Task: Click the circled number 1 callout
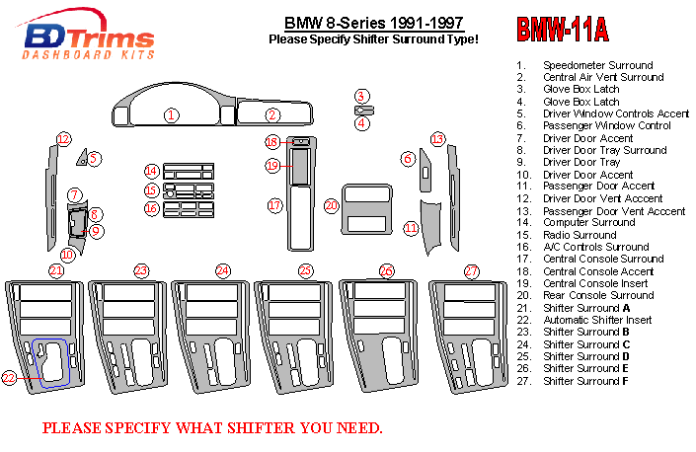tap(171, 115)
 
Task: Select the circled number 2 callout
tap(272, 115)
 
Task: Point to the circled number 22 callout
tap(9, 377)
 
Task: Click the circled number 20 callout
tap(332, 205)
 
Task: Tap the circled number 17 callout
tap(275, 205)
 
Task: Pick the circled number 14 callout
tap(151, 172)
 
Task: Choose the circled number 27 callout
tap(472, 270)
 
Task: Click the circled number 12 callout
tap(63, 139)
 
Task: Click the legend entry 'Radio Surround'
tap(580, 235)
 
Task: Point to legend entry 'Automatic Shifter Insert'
tap(596, 320)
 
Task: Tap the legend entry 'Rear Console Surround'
tap(598, 295)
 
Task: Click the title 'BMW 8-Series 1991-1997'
tap(373, 23)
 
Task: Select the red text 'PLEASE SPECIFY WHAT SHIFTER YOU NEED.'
tap(211, 428)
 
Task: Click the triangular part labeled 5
tap(83, 158)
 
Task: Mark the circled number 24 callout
tap(223, 270)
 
